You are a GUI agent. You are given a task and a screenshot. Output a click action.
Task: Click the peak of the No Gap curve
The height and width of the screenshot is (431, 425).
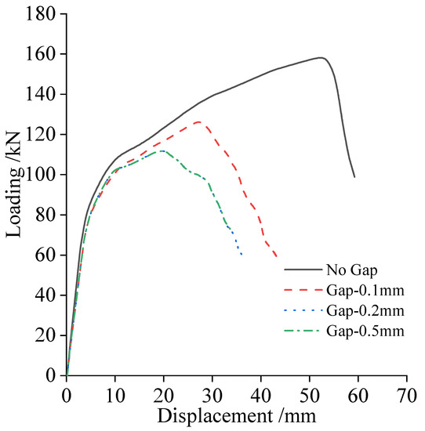point(321,57)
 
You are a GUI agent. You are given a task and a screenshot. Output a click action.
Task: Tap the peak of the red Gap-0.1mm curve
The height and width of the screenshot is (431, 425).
point(198,121)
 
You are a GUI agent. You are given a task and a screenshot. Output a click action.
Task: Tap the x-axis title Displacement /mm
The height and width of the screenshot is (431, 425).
point(236,415)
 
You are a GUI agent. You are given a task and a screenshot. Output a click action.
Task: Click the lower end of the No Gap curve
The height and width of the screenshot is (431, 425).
point(354,176)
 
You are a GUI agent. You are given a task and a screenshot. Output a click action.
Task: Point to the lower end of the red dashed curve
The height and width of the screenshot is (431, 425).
point(277,255)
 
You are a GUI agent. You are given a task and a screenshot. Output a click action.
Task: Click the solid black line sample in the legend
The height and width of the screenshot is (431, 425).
point(302,270)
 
